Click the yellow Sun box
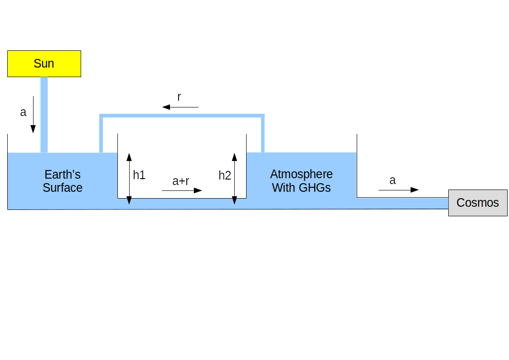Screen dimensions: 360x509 [x=44, y=63]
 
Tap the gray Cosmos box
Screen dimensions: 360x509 [x=477, y=203]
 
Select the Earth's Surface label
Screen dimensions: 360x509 [x=63, y=181]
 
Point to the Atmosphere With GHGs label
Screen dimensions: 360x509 [x=301, y=180]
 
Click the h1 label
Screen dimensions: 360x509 [x=139, y=175]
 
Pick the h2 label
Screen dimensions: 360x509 [x=225, y=175]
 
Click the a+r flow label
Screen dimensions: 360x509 [x=181, y=181]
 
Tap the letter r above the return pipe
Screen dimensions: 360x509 [x=179, y=97]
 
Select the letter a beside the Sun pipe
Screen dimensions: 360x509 [x=23, y=112]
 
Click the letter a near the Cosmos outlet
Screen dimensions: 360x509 [x=393, y=180]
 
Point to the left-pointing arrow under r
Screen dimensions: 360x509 [x=180, y=107]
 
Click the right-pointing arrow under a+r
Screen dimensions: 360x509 [x=182, y=190]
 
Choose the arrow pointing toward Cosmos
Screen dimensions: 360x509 [x=398, y=190]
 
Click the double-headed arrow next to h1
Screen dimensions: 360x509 [x=129, y=178]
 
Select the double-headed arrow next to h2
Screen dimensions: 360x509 [x=234, y=178]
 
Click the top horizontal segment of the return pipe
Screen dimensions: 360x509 [x=182, y=116]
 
